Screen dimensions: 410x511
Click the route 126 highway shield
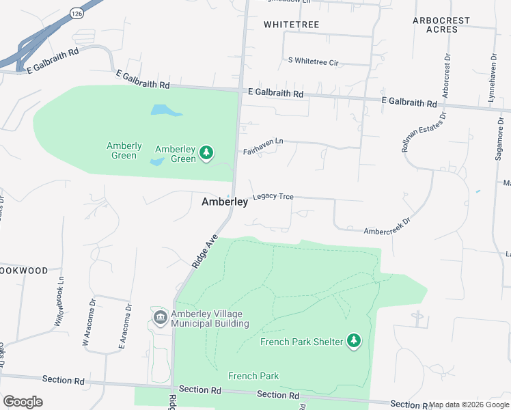coord(77,14)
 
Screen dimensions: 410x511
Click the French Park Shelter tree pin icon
coord(353,340)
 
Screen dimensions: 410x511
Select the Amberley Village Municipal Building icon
coord(160,317)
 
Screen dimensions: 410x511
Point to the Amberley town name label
coord(225,202)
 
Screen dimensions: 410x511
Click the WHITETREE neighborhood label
coord(291,25)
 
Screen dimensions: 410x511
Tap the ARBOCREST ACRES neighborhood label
coord(442,25)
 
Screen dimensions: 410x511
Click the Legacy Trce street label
coord(273,196)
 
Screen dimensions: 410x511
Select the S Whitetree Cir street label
coord(314,62)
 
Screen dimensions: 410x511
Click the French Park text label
coord(253,376)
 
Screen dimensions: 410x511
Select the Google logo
coord(23,402)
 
